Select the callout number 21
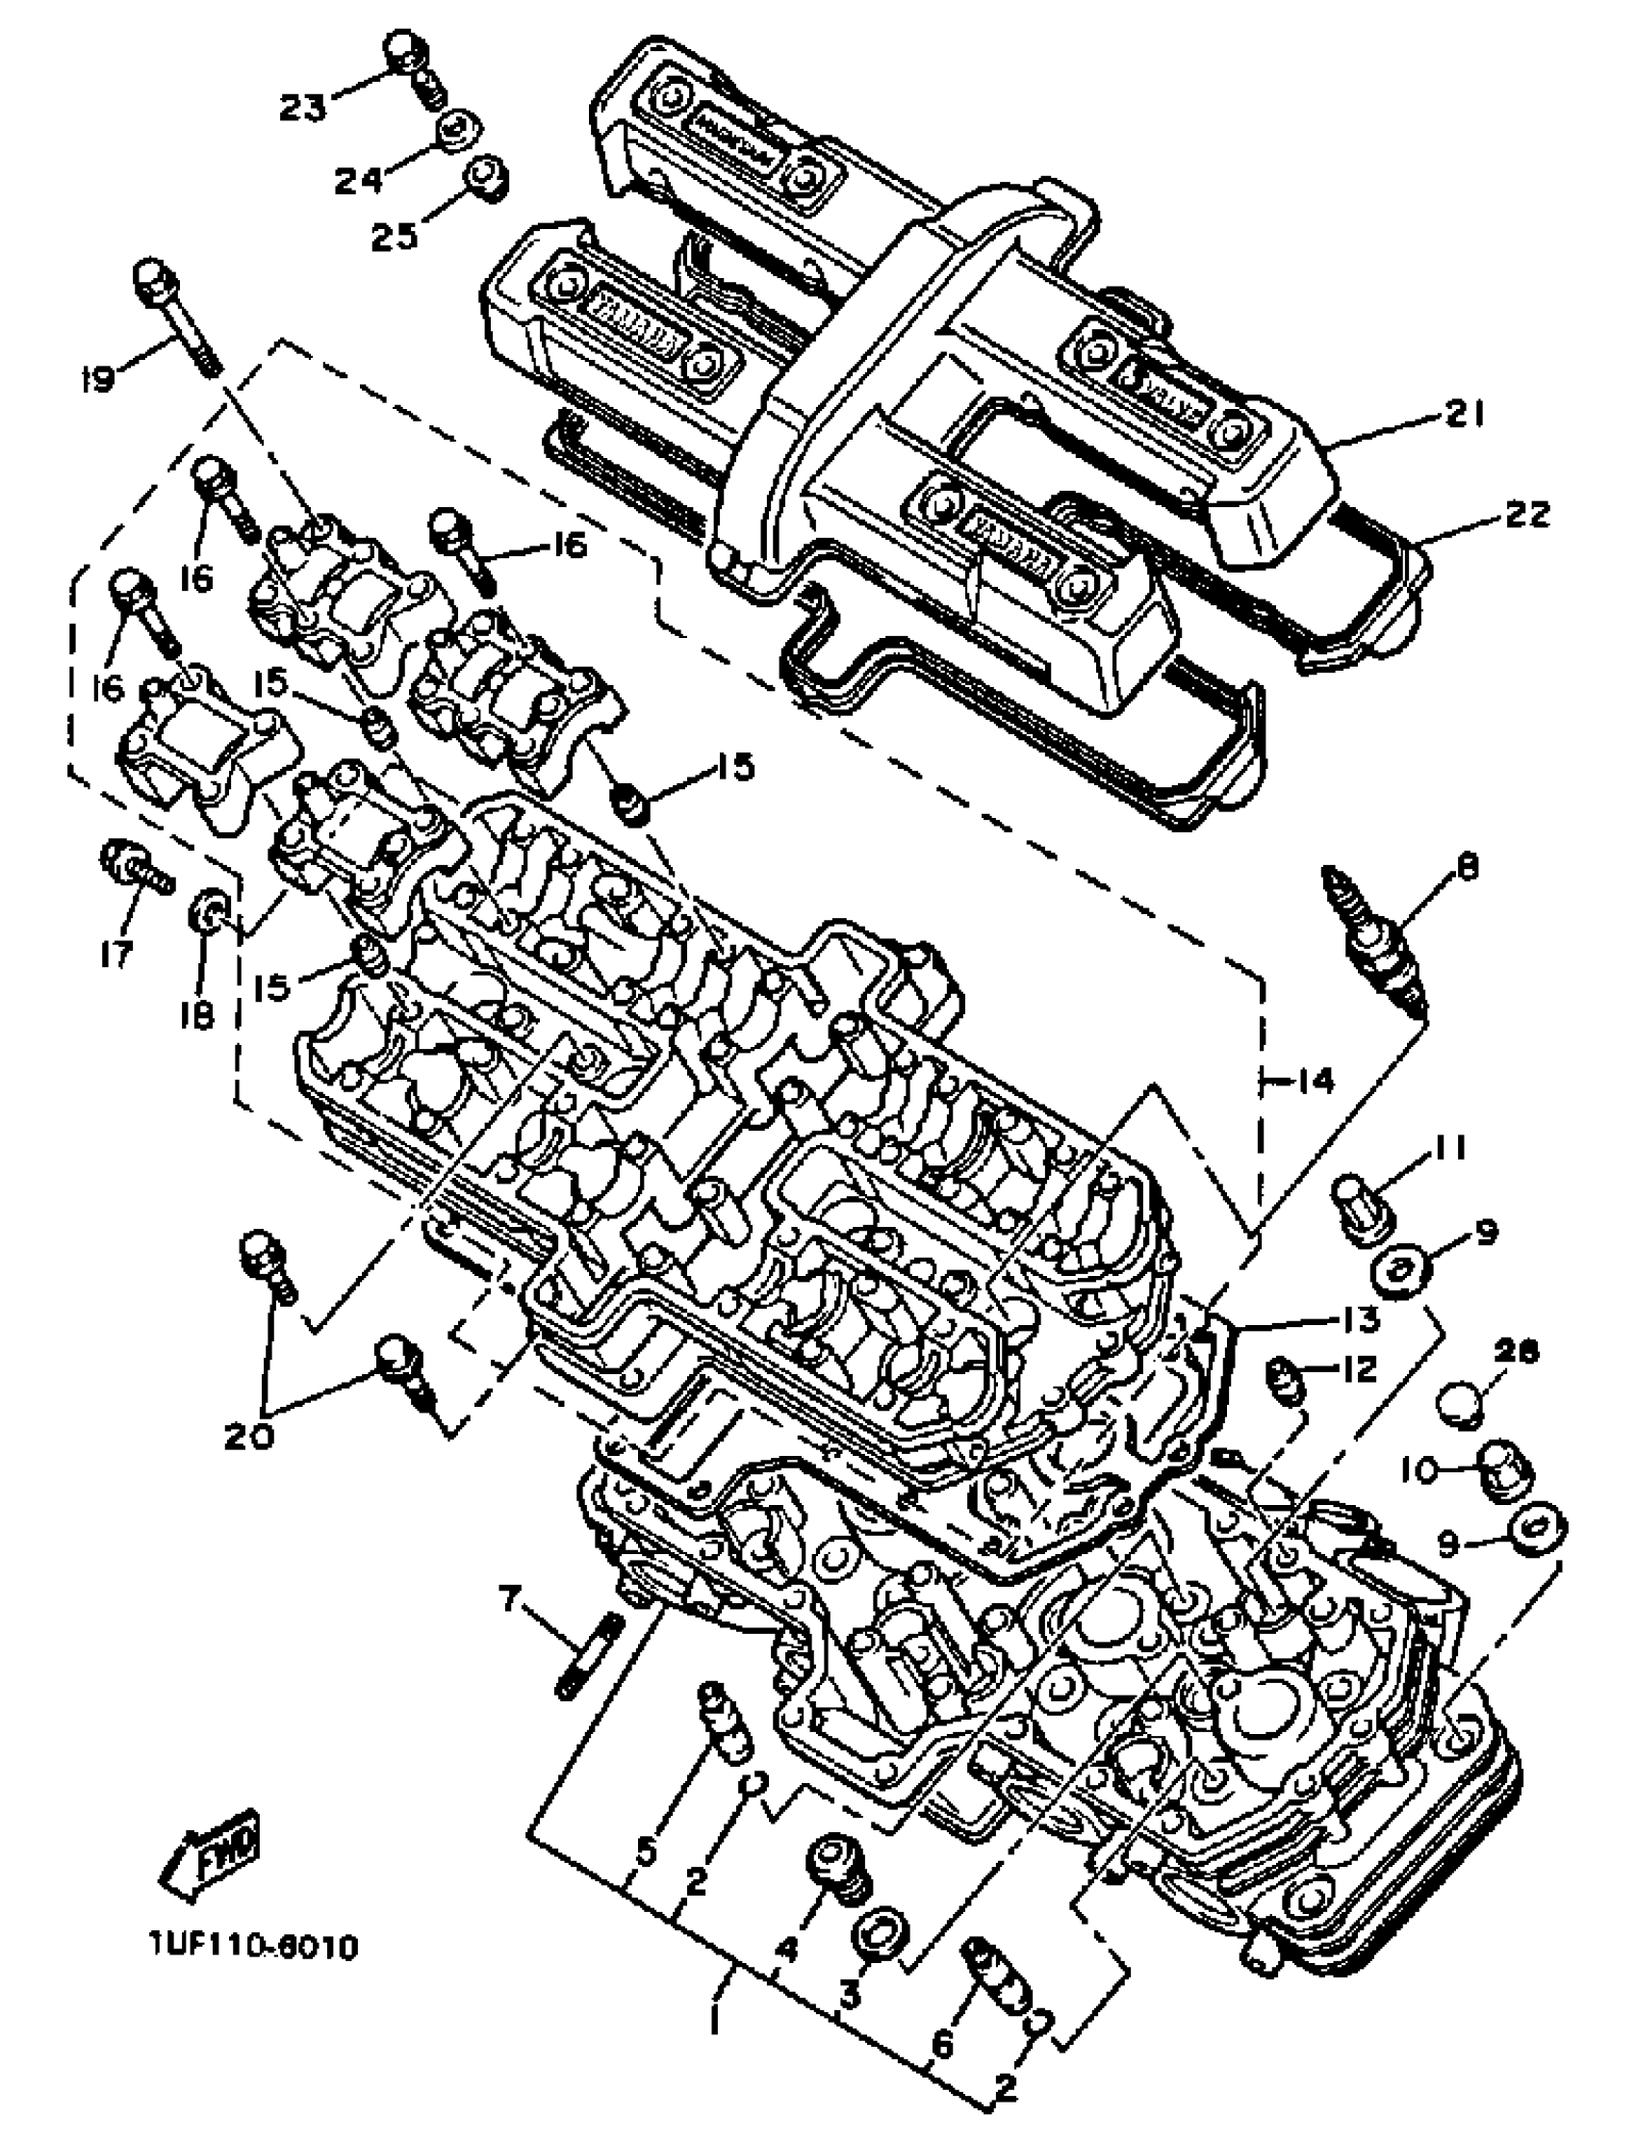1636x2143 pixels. tap(1462, 416)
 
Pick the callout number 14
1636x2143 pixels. tap(1315, 1080)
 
